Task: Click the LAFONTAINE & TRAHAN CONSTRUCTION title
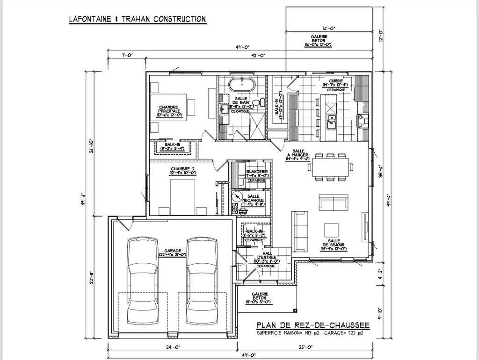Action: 137,19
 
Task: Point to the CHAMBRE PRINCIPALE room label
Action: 169,110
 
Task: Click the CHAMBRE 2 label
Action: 182,171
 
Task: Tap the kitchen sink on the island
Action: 332,120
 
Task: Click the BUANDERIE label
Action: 257,173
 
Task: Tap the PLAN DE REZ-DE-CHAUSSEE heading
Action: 313,325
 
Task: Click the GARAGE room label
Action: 167,252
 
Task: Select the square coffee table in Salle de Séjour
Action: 332,230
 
